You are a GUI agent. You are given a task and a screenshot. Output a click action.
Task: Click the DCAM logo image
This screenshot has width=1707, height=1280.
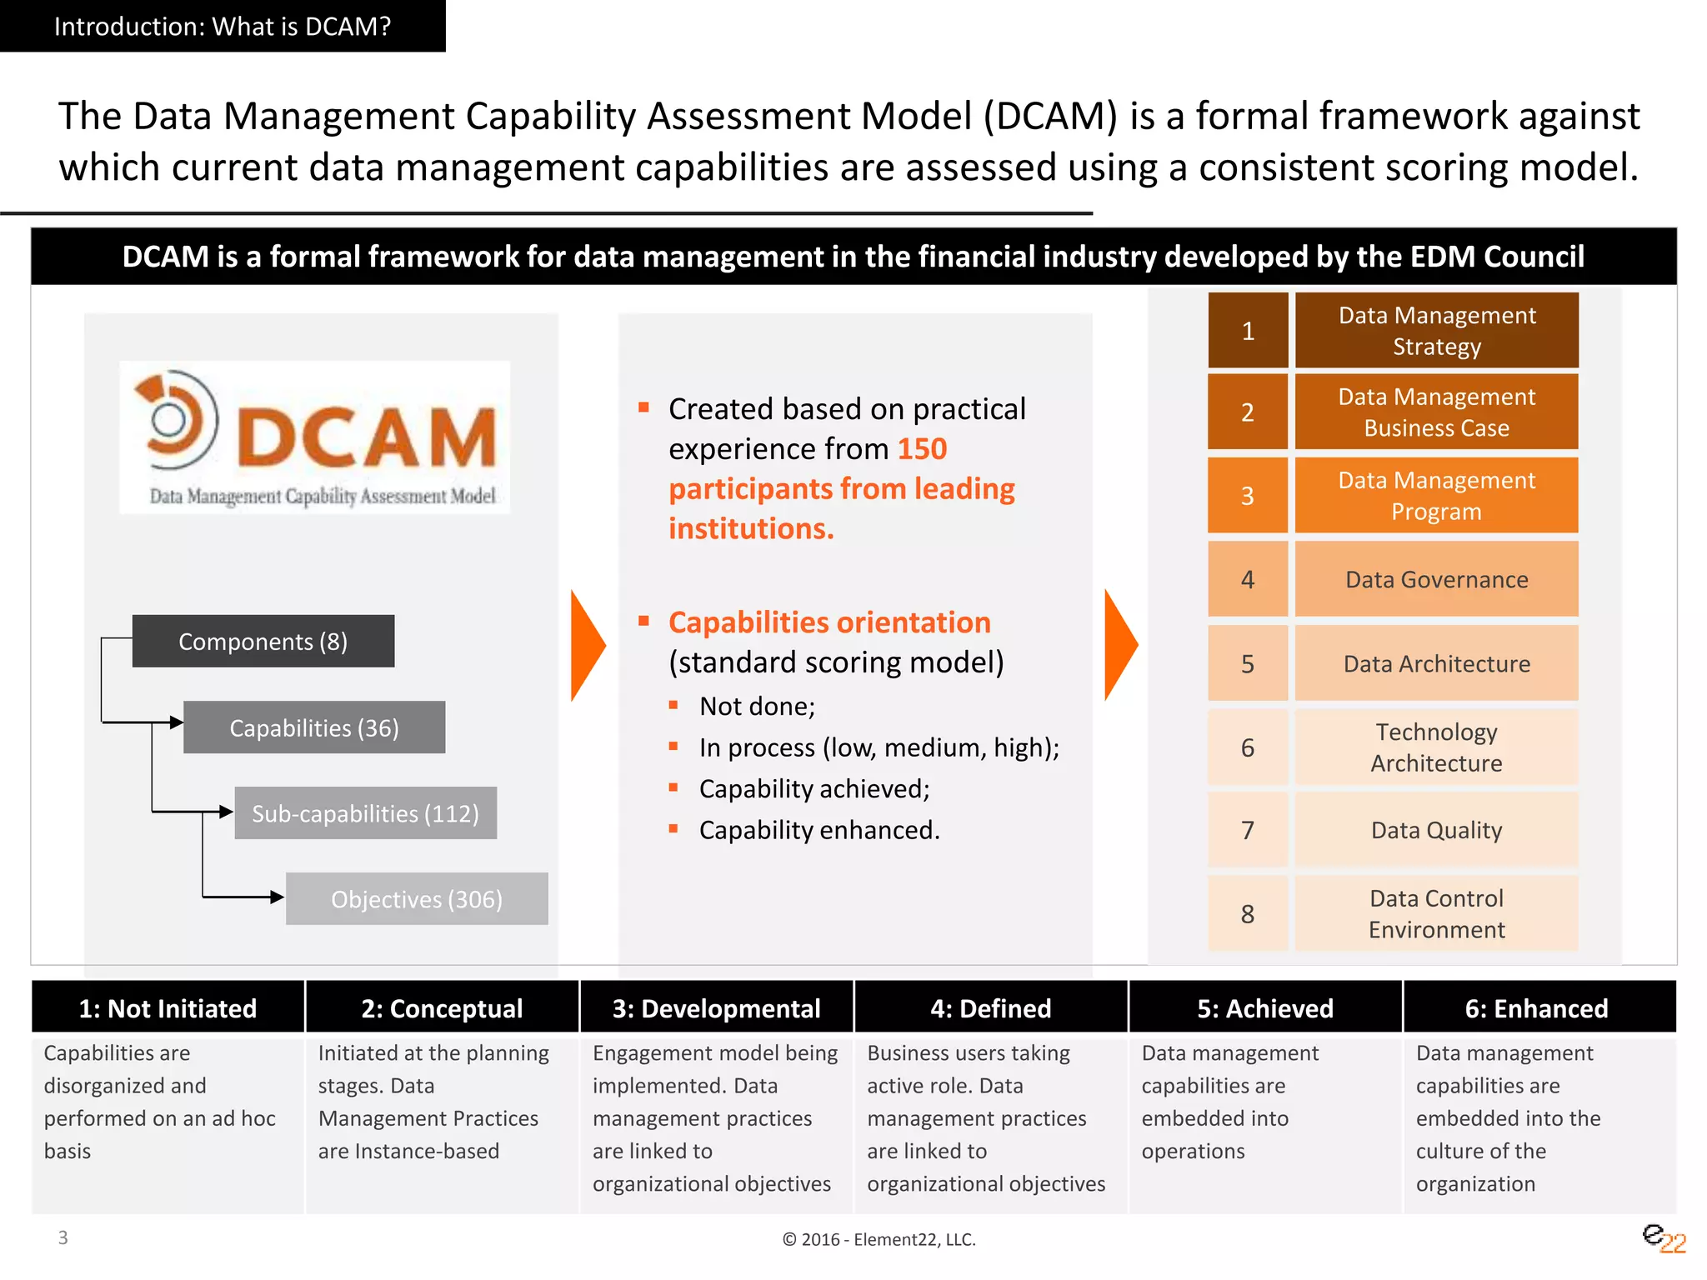point(315,437)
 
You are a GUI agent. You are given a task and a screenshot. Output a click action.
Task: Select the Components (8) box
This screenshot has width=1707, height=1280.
point(263,641)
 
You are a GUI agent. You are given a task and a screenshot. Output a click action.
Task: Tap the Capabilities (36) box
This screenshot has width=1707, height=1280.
point(314,727)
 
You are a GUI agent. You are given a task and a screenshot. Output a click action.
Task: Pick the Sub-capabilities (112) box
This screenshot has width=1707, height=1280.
point(365,812)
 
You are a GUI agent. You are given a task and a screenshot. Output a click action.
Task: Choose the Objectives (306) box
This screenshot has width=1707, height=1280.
point(417,898)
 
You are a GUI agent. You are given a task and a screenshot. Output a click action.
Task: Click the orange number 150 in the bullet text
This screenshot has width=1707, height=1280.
point(922,449)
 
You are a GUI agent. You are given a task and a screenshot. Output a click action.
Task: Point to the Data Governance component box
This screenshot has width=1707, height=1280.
point(1436,579)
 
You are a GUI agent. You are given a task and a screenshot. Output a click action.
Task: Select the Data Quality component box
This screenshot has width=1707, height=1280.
point(1436,830)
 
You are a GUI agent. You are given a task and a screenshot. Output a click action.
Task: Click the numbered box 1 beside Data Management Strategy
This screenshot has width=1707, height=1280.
point(1248,331)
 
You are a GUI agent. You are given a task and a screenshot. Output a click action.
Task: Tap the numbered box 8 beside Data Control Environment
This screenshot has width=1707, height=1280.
point(1248,913)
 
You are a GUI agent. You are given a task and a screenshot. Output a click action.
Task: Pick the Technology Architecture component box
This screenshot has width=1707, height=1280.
point(1436,747)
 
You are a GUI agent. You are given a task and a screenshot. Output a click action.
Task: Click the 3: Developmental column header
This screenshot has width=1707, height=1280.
point(716,1008)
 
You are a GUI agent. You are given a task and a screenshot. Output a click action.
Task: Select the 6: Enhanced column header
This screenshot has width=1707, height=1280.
point(1536,1008)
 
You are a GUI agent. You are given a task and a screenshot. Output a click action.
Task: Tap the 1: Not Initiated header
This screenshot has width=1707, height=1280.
point(168,1008)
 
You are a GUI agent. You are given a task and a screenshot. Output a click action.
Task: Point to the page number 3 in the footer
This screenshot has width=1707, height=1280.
point(63,1237)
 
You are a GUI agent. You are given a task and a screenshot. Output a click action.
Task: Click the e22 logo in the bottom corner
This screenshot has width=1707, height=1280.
point(1664,1238)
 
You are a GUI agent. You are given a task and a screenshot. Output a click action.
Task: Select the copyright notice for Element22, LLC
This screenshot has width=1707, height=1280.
point(879,1239)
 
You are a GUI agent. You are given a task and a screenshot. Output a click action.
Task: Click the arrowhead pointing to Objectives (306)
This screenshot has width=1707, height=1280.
point(277,897)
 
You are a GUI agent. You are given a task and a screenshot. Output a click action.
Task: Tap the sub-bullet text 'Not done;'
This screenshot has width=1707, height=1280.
point(757,707)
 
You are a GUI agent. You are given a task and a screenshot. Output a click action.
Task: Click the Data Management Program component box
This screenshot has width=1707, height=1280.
point(1436,496)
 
